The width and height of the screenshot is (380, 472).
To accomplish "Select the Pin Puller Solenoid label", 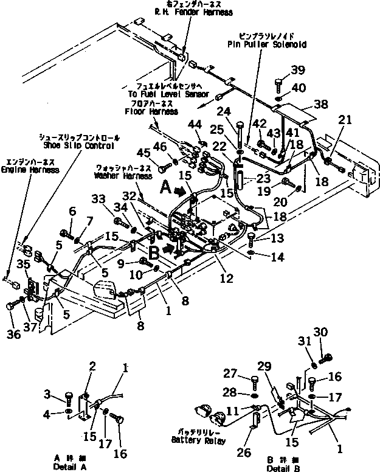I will [x=267, y=44].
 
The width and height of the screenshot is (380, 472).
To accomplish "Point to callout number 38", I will [x=320, y=104].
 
